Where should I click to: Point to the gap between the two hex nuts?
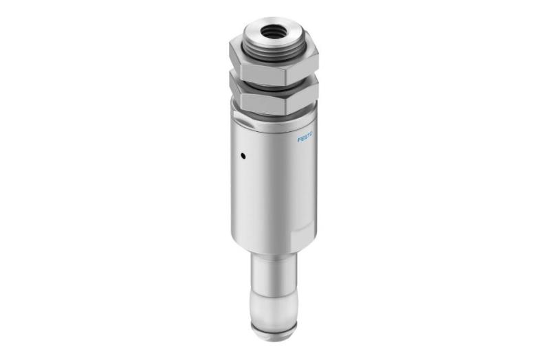(272, 85)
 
